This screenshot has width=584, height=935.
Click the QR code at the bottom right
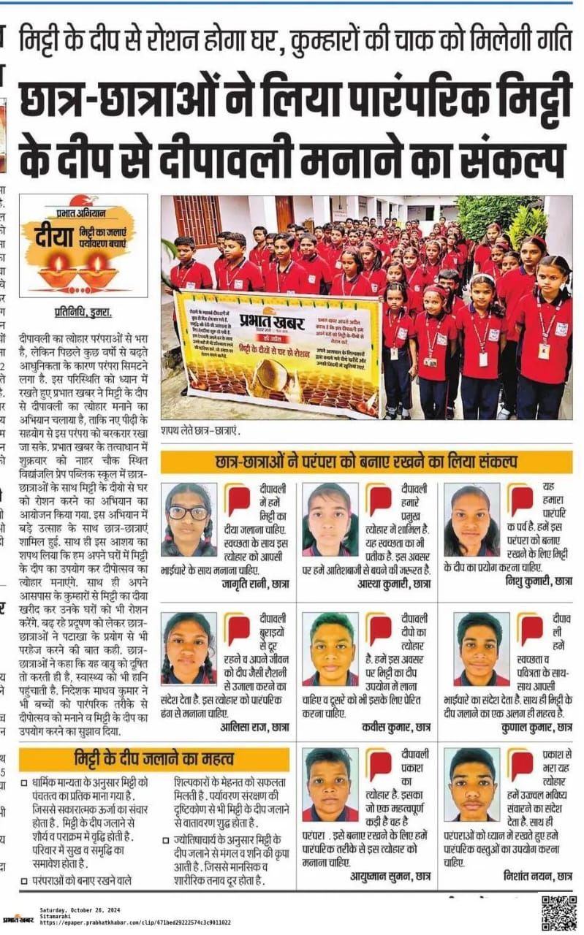559,911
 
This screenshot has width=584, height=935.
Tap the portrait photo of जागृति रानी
188,520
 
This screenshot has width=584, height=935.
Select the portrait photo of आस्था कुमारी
330,519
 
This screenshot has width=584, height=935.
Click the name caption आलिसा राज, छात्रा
254,727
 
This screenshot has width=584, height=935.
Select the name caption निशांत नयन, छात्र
537,875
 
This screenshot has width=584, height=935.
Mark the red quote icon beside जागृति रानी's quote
238,500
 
